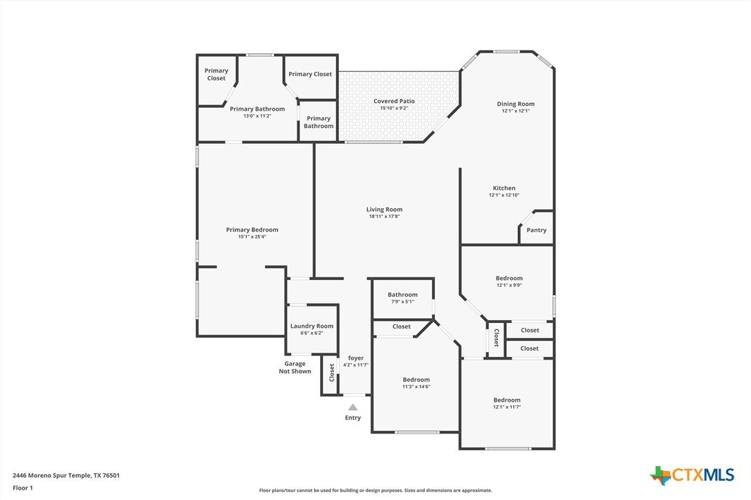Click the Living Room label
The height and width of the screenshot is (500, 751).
(384, 210)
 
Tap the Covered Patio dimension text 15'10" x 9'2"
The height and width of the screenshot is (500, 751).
(393, 109)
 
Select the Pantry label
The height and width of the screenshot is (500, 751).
(537, 230)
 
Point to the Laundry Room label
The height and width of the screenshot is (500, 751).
(312, 326)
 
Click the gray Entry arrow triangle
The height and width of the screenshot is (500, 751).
(353, 407)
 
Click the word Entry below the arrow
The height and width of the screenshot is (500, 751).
(353, 418)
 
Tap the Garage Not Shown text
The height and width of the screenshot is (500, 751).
(295, 367)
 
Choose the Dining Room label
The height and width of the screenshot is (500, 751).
(516, 104)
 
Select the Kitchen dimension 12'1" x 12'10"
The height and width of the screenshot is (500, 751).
(504, 195)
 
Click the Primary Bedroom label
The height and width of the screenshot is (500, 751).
(252, 230)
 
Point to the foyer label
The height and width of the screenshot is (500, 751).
(356, 358)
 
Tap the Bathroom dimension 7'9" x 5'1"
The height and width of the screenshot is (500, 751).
(402, 302)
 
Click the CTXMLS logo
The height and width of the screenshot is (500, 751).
(692, 475)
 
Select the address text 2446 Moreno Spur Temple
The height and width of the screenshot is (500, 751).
(52, 476)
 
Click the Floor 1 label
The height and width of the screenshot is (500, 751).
(23, 488)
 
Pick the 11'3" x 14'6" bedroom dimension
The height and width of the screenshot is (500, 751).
(416, 387)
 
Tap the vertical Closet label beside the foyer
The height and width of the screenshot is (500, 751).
(331, 373)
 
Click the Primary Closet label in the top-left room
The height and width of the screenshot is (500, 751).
(216, 74)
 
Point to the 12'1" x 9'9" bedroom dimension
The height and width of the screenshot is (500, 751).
(509, 285)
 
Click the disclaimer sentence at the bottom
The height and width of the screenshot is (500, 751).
(375, 490)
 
